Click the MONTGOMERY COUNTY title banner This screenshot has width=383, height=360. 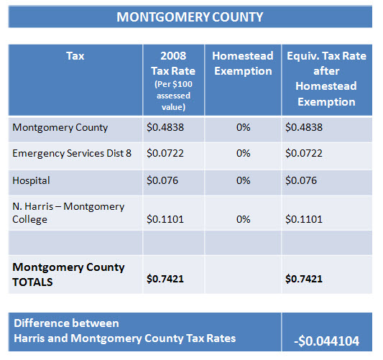tap(190, 17)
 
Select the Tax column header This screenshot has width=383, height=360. tap(75, 55)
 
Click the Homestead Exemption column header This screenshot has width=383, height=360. tap(243, 63)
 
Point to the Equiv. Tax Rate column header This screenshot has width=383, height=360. tap(326, 78)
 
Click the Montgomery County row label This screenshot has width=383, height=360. tap(60, 127)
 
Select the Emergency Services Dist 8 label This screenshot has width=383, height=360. tap(72, 153)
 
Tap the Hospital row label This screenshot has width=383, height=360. tap(31, 180)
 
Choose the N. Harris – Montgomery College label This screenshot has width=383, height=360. tap(68, 213)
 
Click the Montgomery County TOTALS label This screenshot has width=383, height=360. tap(68, 274)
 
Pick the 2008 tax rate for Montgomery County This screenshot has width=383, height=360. tap(165, 127)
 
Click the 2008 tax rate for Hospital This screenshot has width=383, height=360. tap(162, 180)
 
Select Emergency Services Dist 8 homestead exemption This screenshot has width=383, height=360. tap(244, 153)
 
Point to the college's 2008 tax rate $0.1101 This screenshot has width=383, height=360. tap(165, 219)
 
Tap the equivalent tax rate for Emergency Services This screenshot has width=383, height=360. tap(304, 153)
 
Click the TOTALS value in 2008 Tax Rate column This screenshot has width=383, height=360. tap(165, 279)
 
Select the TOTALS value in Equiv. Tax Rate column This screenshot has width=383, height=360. tap(304, 279)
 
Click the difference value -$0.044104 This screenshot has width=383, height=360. tap(326, 341)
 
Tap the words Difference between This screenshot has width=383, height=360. tap(66, 323)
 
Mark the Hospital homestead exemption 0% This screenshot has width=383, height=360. tap(244, 180)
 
